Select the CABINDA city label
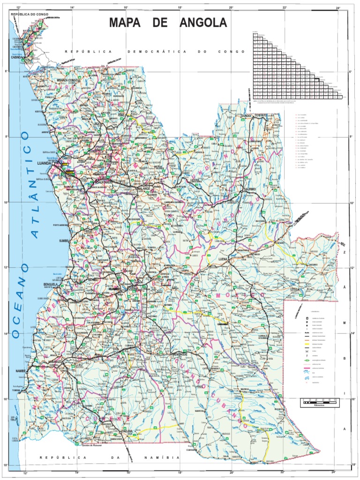click(18, 58)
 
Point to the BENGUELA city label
click(50, 284)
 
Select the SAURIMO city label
click(249, 189)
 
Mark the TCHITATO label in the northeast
click(260, 115)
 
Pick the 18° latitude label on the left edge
click(6, 465)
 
